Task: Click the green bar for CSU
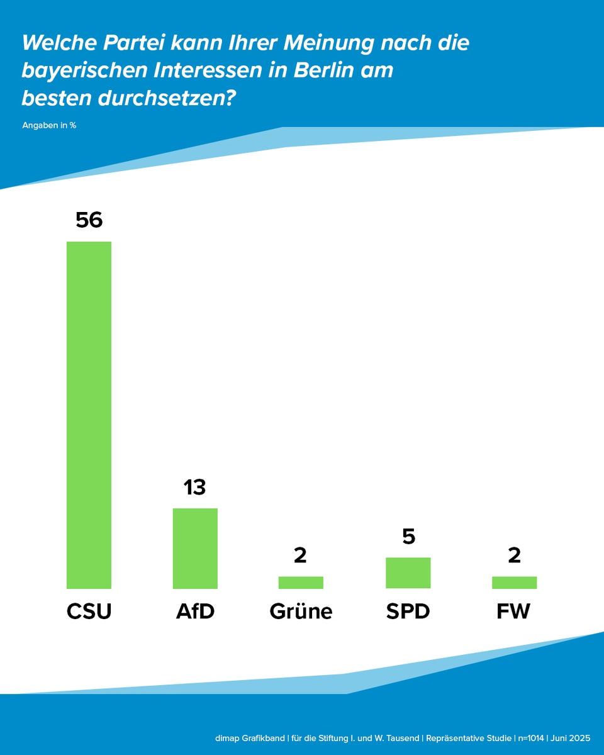click(x=89, y=415)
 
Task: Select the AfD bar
click(x=195, y=548)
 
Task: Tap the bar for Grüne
click(x=301, y=583)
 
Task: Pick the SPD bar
click(x=408, y=573)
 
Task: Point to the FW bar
click(x=514, y=583)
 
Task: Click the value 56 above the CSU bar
click(x=89, y=220)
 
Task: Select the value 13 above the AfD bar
click(x=195, y=487)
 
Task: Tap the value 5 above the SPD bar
click(x=408, y=537)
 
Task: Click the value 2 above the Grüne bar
click(x=301, y=556)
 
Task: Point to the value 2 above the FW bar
click(x=514, y=556)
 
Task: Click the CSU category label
click(x=89, y=612)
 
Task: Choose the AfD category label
click(x=195, y=612)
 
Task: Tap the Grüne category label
click(x=301, y=612)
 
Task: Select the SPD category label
click(x=408, y=612)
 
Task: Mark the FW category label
click(x=514, y=612)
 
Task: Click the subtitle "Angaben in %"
click(x=49, y=125)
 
